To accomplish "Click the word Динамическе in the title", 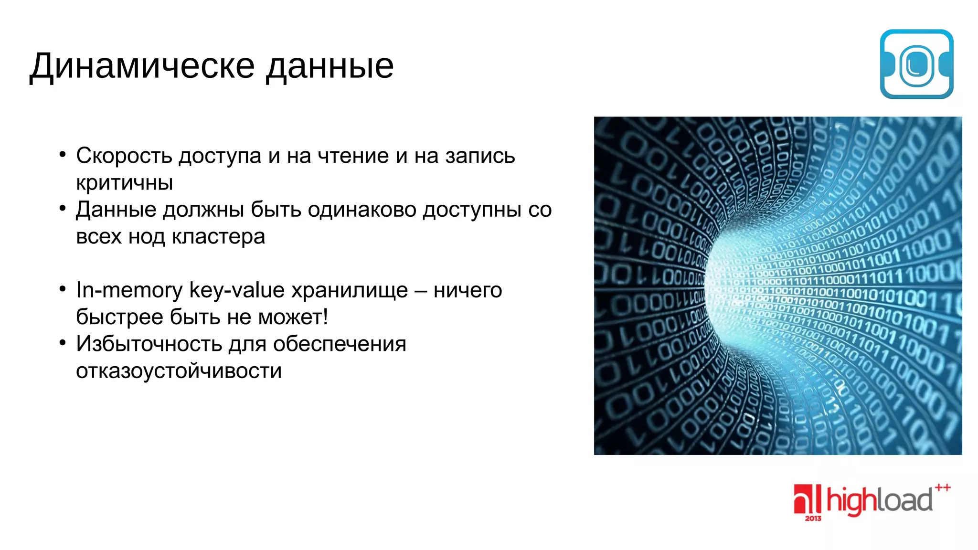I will point(142,66).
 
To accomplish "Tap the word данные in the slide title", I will point(330,66).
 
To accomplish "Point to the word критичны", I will point(124,183).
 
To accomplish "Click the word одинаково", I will point(361,210).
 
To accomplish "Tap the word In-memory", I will point(129,290).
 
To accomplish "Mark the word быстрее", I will point(119,317).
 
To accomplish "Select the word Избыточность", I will point(149,344).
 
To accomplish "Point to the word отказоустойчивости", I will point(179,371).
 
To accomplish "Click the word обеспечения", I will point(340,344).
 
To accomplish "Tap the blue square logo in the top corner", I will point(916,64).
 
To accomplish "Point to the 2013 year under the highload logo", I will point(813,518).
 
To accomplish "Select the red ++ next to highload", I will point(943,487).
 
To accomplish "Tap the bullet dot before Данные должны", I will point(63,208).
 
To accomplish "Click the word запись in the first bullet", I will point(480,156).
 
